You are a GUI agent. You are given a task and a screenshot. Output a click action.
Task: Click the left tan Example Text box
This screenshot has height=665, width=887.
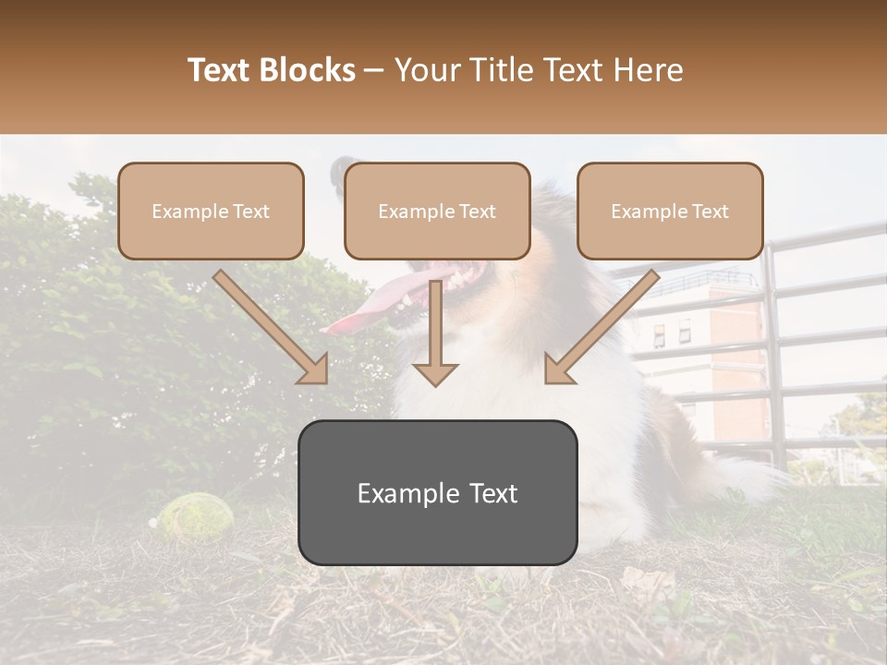[211, 212]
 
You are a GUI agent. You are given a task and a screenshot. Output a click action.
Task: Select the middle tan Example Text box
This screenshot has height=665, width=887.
[437, 212]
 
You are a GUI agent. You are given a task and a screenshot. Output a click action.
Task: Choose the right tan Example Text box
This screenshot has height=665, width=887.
[670, 212]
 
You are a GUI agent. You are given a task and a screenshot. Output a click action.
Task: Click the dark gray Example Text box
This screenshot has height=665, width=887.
[437, 493]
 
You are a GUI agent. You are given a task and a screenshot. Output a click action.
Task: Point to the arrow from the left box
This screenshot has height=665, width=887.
[273, 329]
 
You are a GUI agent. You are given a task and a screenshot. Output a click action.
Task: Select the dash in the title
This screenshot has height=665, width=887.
[374, 71]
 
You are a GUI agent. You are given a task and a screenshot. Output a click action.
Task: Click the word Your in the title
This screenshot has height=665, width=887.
[424, 70]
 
